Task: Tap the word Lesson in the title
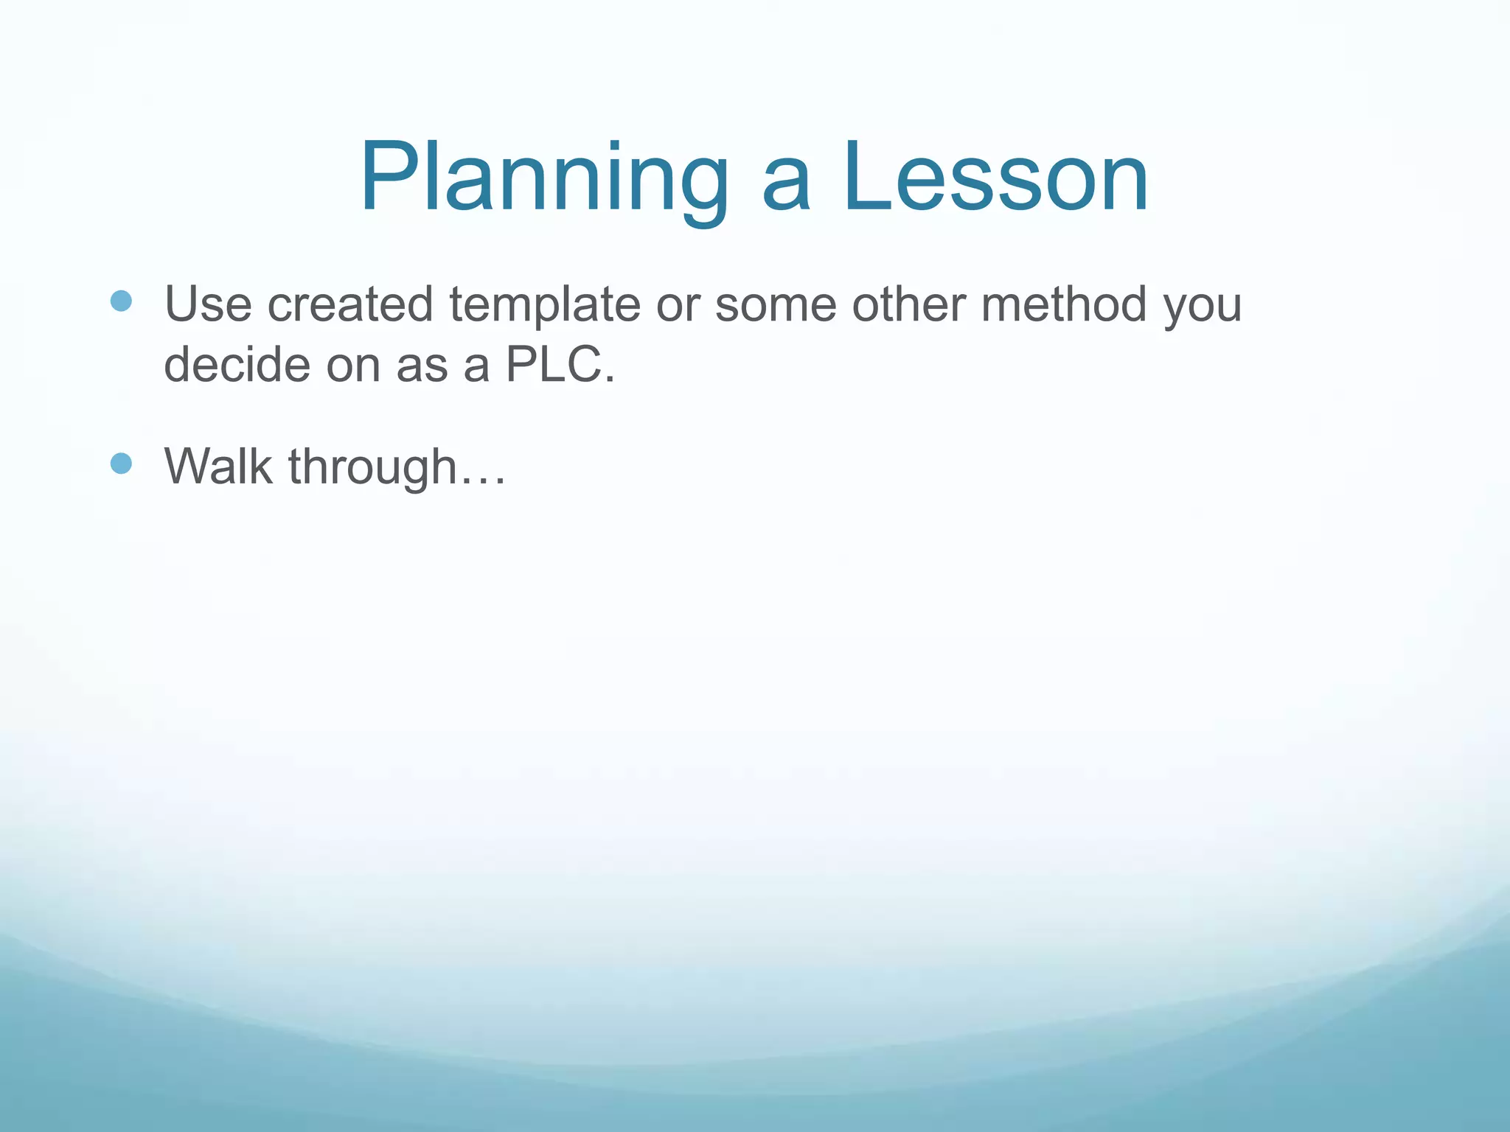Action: pos(995,179)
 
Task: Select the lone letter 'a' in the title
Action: pos(786,188)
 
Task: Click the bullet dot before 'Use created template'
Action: pos(121,301)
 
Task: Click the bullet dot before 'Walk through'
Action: pos(121,464)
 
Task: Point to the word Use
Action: pos(207,304)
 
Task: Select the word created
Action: pos(350,304)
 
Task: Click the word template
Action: pos(545,304)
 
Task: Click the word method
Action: pos(1064,304)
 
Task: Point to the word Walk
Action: pos(218,467)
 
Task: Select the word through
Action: pos(372,468)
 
